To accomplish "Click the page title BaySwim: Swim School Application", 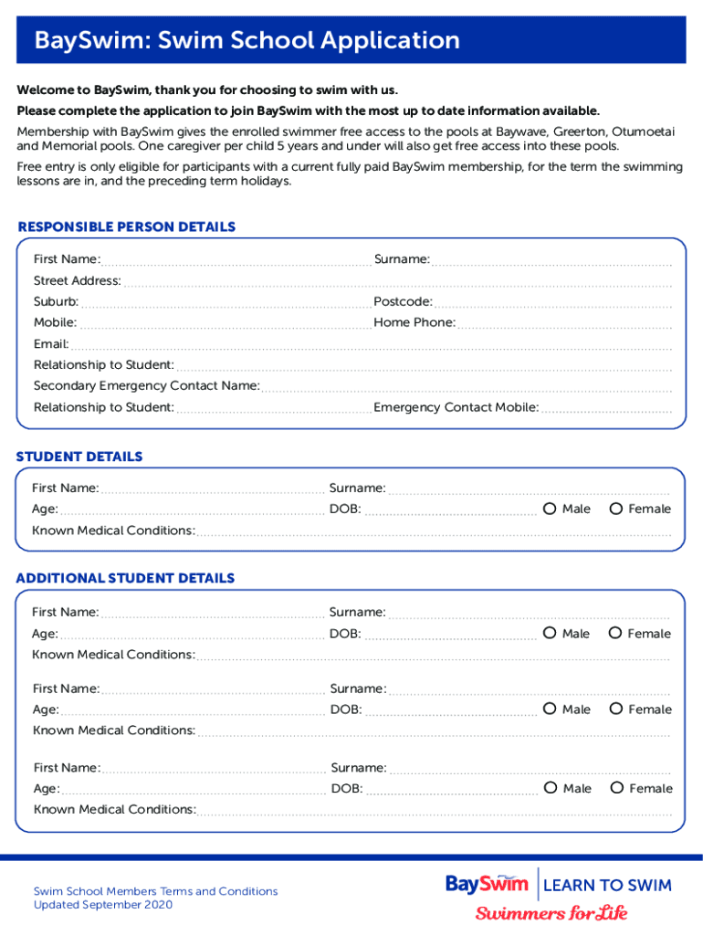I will [x=247, y=41].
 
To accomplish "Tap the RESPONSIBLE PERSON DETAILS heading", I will [x=126, y=226].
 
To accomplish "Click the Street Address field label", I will [x=78, y=280].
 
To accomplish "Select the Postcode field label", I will [x=403, y=301].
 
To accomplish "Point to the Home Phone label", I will [x=414, y=322].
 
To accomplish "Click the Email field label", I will [x=51, y=344].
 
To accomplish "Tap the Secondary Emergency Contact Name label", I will [x=146, y=385].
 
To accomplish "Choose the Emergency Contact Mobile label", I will [x=456, y=407].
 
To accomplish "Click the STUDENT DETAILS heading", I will [x=79, y=457].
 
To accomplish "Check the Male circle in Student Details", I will [x=550, y=509].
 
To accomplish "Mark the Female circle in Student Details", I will [x=616, y=509].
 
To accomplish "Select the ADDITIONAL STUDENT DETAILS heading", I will [x=125, y=578].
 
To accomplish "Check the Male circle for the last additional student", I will [x=551, y=788].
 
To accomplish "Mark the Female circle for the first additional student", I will [x=615, y=633].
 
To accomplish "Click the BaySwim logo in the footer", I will [x=487, y=884].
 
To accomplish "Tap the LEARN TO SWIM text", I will [x=607, y=885].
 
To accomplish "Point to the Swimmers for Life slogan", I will [x=551, y=913].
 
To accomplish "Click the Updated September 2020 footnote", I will [x=102, y=905].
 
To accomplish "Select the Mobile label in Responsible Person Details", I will [x=55, y=322].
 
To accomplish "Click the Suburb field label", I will [x=56, y=301].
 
